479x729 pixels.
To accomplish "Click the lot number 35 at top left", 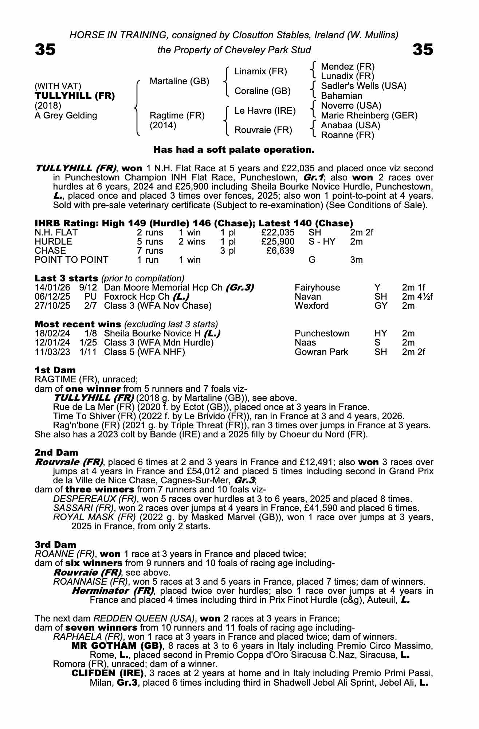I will [45, 50].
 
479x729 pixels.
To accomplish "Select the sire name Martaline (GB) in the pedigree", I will [179, 81].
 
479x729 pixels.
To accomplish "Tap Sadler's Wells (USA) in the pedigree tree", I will [363, 86].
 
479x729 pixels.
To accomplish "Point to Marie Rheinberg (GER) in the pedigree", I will [369, 116].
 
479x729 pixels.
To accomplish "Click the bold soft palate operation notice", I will [233, 149].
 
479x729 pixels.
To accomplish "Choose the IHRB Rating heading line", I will [194, 223].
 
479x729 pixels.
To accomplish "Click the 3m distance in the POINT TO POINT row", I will [356, 260].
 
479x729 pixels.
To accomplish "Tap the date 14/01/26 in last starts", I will [52, 288].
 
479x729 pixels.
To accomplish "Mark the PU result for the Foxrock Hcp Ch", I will [90, 297].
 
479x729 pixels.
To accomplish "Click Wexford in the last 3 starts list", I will [311, 306].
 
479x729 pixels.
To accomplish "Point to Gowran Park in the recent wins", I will [321, 352].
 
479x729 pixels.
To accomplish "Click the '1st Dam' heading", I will [55, 370].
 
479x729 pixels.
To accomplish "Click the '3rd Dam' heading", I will [55, 545].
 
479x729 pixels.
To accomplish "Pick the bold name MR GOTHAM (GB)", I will [117, 646].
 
